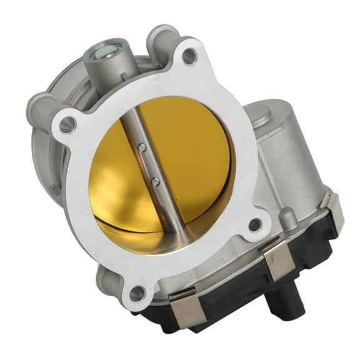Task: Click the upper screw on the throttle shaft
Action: pos(142,147)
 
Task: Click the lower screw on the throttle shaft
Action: pos(155,181)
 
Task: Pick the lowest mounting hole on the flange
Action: pos(137,292)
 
